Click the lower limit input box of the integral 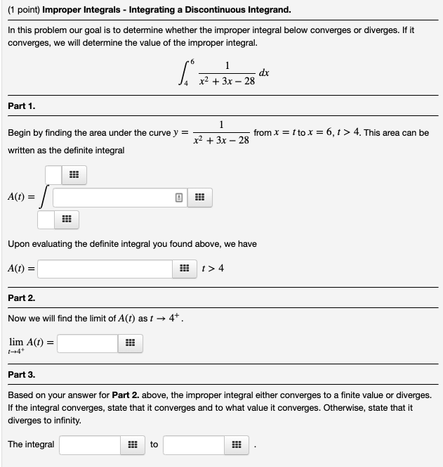(x=46, y=220)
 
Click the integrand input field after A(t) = (x=112, y=198)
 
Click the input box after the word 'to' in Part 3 (x=194, y=444)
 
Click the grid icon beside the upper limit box (x=73, y=174)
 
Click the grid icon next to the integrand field (x=199, y=198)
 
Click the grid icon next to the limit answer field (x=129, y=343)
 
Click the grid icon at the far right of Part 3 (x=237, y=444)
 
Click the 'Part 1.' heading (x=22, y=106)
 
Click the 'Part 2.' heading (x=22, y=298)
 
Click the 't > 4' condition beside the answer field (x=213, y=268)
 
